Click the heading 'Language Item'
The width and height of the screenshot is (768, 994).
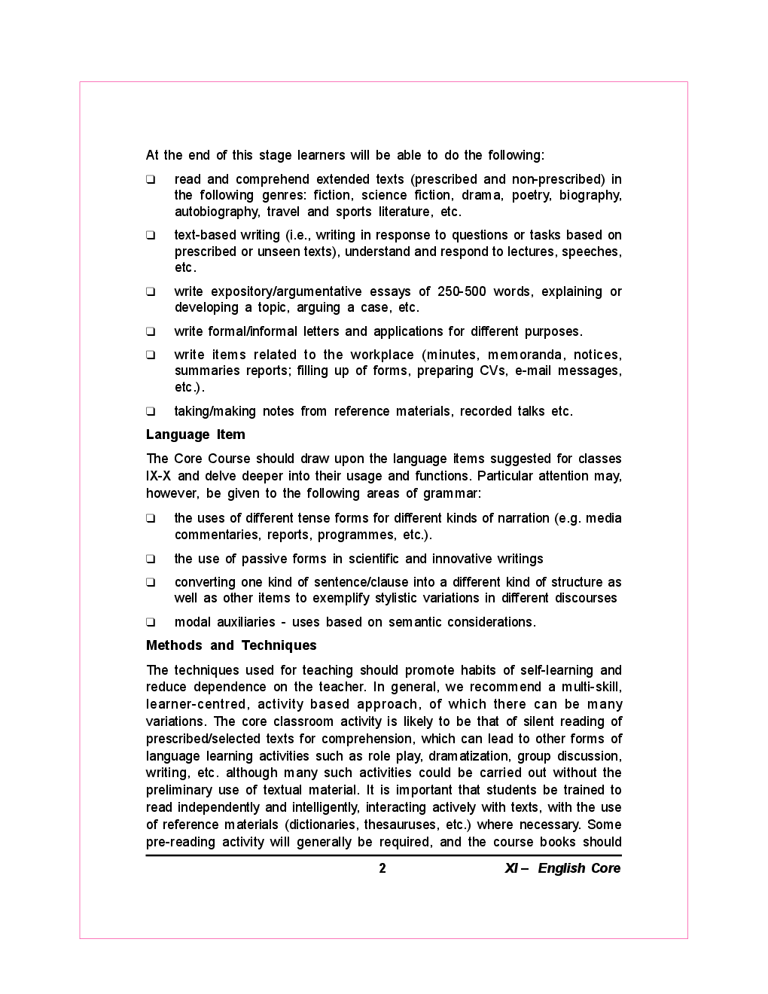tap(195, 434)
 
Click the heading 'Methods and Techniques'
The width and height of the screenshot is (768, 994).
tap(231, 645)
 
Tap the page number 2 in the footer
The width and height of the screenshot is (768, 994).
tap(382, 868)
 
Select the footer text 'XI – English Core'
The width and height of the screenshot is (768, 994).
tap(562, 868)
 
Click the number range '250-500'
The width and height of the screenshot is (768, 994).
tap(462, 291)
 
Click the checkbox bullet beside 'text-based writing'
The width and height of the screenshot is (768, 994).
tap(151, 235)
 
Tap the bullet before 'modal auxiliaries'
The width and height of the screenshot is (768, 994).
tap(151, 622)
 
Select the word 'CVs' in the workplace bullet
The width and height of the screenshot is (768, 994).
tap(493, 370)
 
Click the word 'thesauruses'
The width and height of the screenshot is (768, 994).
tap(401, 825)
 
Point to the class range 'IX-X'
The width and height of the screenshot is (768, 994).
tap(158, 476)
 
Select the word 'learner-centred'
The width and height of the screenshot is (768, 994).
tap(197, 704)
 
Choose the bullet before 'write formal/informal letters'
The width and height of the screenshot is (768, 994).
tap(151, 331)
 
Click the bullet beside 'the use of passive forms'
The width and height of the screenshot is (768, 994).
tap(151, 559)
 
